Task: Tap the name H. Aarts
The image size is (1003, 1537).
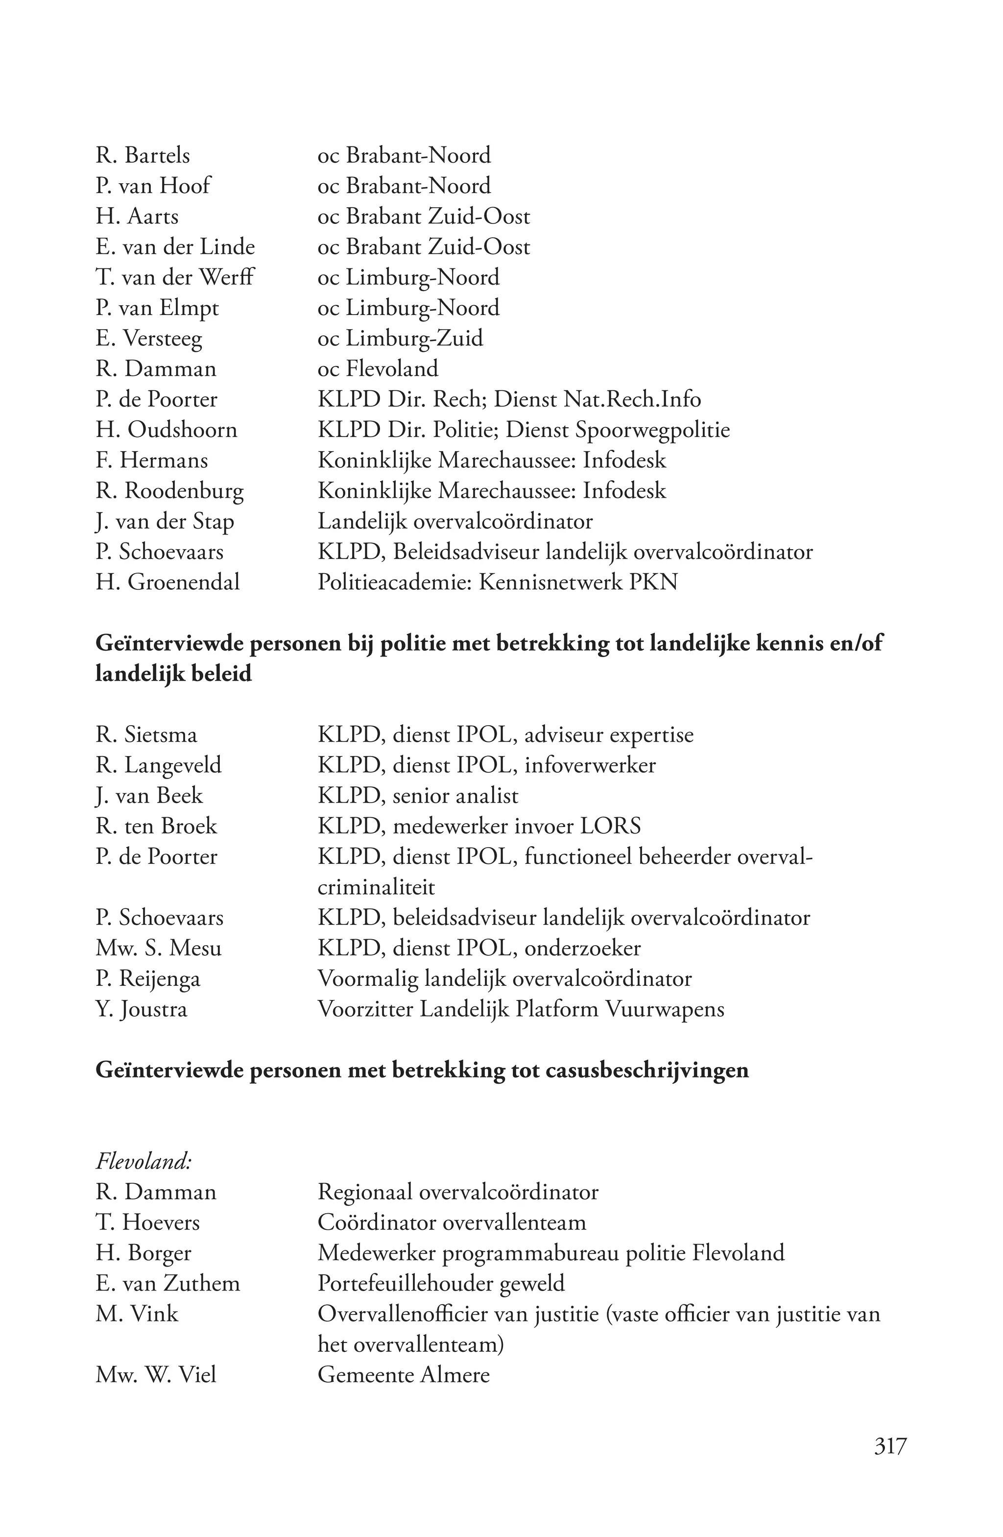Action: tap(137, 217)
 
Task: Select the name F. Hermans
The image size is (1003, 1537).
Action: tap(152, 461)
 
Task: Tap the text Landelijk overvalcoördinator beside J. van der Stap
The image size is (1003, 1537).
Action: tap(454, 521)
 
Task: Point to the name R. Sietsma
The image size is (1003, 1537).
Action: tap(146, 735)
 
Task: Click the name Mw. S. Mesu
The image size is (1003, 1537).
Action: tap(158, 948)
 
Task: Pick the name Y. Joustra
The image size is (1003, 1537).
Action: tap(142, 1009)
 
